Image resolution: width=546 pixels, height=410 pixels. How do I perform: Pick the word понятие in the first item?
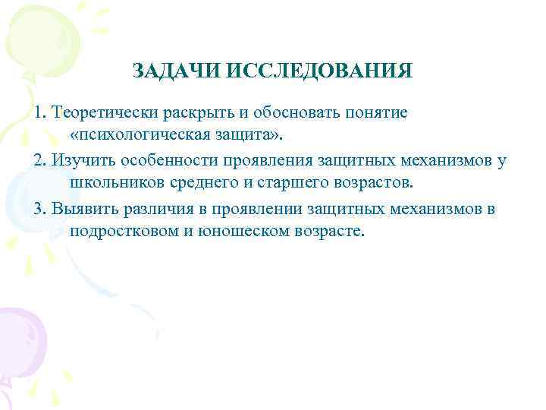coord(377,112)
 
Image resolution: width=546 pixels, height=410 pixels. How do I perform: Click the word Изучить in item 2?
coord(83,161)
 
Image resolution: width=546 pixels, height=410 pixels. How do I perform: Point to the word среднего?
coord(199,182)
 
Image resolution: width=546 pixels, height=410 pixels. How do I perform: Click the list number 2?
coord(39,161)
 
